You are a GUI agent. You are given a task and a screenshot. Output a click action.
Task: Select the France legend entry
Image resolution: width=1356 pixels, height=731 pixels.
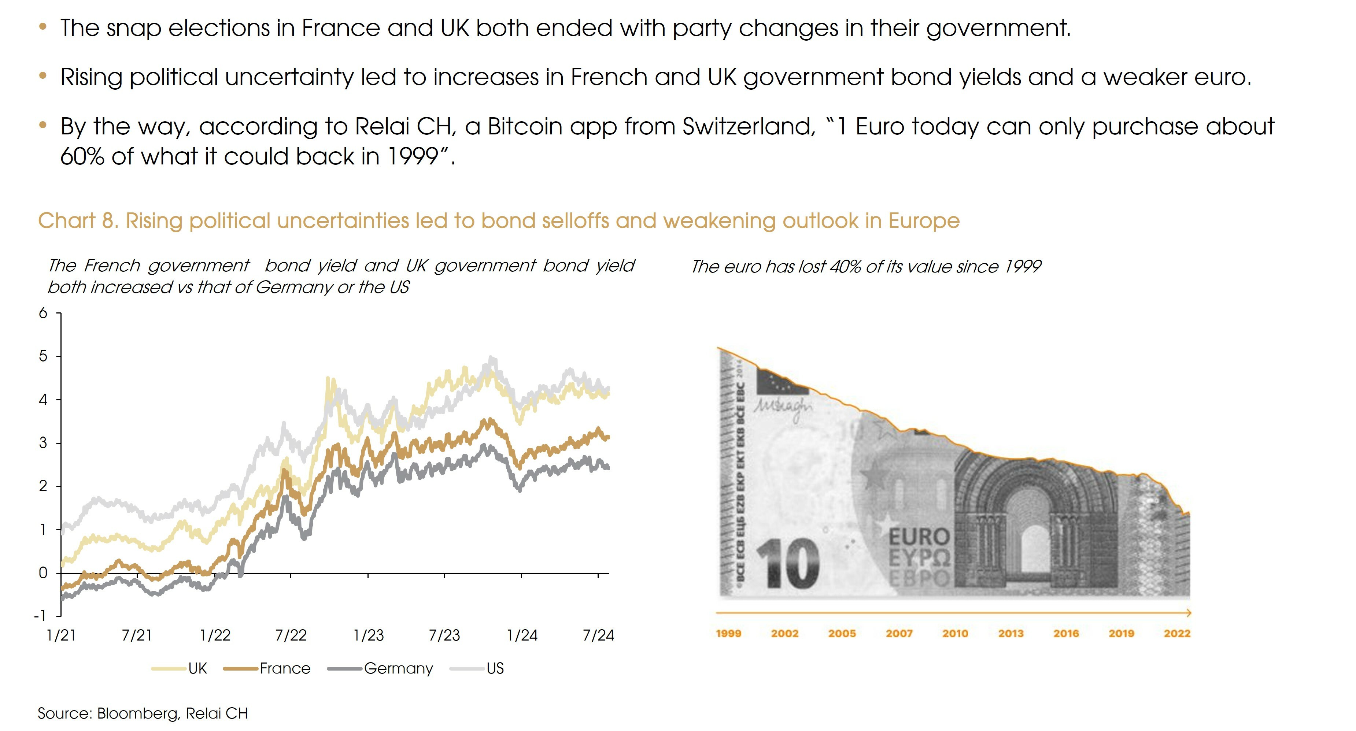[x=285, y=668]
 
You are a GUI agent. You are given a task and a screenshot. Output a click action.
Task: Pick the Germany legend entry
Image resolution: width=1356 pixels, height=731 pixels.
[x=398, y=668]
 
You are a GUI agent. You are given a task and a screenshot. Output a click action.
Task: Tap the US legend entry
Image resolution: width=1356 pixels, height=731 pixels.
[x=495, y=668]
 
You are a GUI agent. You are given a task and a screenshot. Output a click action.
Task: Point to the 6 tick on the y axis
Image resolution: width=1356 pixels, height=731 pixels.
[x=43, y=313]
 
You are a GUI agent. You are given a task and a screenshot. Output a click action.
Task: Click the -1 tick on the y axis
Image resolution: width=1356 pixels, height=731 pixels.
[x=40, y=616]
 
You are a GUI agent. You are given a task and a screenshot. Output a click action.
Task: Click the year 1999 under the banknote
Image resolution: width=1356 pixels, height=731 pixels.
[x=728, y=634]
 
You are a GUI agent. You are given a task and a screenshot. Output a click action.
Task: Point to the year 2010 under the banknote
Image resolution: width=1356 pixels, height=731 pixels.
[x=955, y=634]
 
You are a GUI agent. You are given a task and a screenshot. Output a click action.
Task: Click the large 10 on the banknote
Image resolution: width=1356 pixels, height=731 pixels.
[x=788, y=564]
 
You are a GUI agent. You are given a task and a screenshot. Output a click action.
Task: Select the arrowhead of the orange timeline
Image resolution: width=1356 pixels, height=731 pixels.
[x=1188, y=613]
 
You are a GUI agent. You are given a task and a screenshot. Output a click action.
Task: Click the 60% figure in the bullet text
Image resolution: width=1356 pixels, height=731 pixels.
[x=82, y=156]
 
